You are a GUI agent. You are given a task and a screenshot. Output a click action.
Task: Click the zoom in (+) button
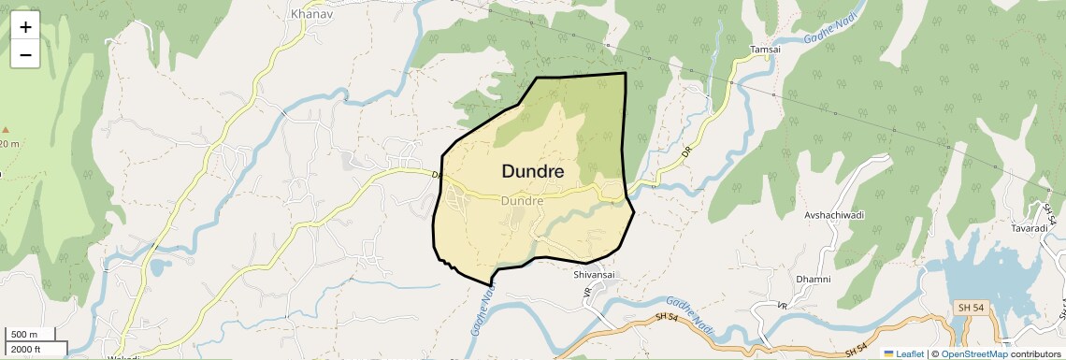coord(25,27)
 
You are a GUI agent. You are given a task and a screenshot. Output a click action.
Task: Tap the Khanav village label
coord(306,14)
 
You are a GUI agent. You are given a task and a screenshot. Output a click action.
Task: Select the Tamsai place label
coord(764,50)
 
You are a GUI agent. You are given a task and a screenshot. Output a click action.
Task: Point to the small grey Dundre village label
coord(522,201)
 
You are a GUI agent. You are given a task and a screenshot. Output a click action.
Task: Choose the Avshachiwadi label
coord(834,215)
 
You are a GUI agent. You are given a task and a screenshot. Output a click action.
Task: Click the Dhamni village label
coord(813,280)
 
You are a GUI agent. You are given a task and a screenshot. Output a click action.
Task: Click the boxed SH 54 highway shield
coord(970,308)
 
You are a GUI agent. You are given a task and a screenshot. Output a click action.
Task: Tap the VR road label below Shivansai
coord(587,292)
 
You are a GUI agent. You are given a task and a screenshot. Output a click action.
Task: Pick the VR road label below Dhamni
coord(781,306)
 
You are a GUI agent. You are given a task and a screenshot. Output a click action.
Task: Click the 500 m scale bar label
coord(25,335)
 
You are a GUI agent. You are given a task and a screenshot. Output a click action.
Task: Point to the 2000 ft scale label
coord(27,350)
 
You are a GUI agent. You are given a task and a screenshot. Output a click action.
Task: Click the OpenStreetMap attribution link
coord(973,353)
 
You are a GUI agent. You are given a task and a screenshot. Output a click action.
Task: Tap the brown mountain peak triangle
coord(5,130)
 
